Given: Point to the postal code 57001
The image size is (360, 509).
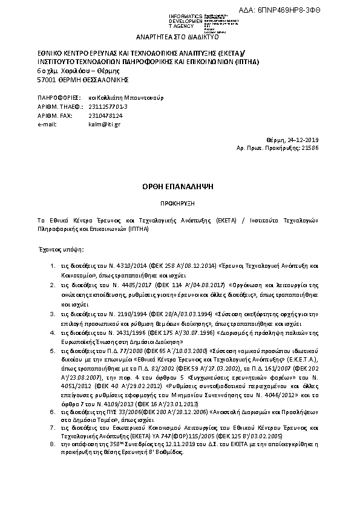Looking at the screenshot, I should (x=47, y=80).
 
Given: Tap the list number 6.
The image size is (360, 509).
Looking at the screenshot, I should (x=52, y=410).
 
